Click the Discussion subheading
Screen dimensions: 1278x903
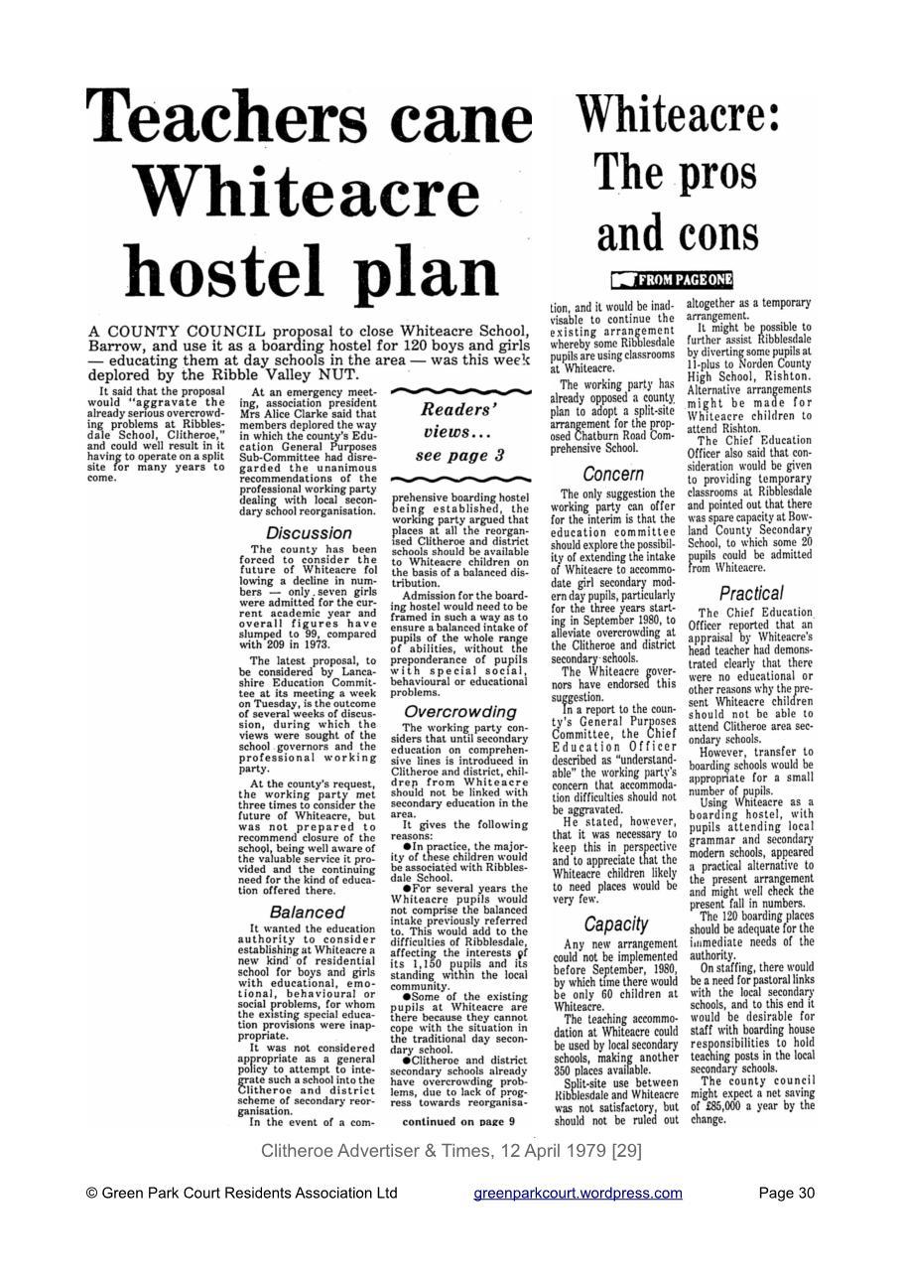point(309,533)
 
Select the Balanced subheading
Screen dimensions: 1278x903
point(308,912)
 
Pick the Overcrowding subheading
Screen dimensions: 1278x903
point(459,712)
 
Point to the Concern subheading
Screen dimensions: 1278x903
point(614,475)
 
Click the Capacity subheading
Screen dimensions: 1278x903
point(615,924)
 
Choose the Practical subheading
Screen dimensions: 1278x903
point(751,593)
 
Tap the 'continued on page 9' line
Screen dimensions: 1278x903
point(458,1121)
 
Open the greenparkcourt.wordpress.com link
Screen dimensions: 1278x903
point(578,1193)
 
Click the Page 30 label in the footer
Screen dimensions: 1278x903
point(786,1193)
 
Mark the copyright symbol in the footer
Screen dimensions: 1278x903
point(92,1194)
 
